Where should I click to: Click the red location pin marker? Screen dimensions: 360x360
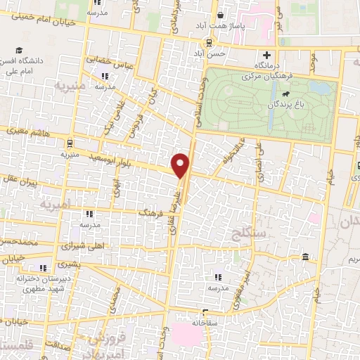click(181, 165)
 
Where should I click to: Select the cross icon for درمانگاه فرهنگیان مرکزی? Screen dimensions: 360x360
click(266, 56)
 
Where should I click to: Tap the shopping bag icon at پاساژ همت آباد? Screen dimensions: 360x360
click(219, 14)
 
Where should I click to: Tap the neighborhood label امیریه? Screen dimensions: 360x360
click(56, 205)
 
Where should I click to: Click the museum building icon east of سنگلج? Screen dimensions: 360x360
click(304, 257)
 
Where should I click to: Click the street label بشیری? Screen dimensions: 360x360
click(69, 265)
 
